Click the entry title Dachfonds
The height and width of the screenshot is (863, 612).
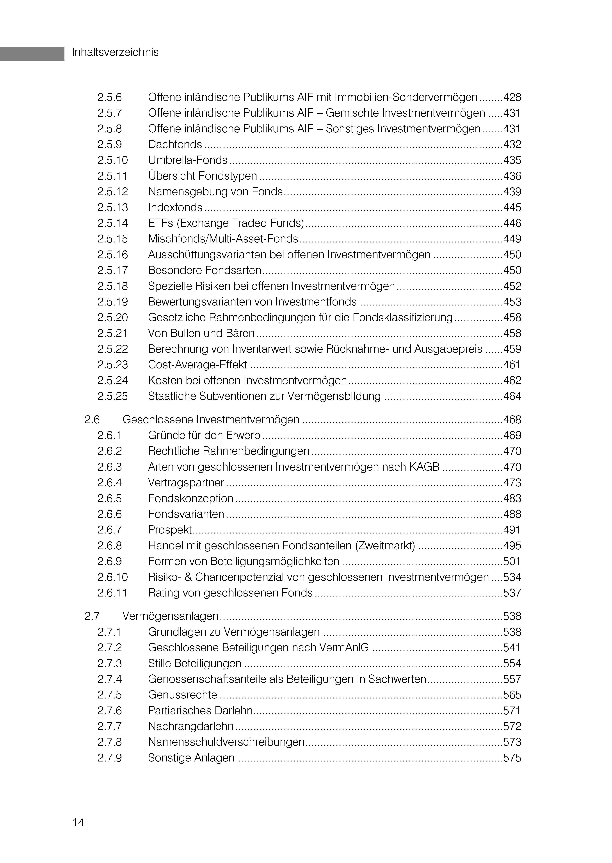tap(175, 145)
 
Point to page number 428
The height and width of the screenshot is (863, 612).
tap(512, 97)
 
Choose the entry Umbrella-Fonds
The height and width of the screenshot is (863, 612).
tap(188, 160)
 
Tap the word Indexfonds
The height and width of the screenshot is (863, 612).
tap(175, 207)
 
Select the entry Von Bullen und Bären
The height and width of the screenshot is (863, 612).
tap(201, 333)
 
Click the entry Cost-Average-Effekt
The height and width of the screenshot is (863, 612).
tap(197, 365)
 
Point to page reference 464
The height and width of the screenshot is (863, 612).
tap(512, 396)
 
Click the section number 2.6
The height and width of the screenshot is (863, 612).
tap(92, 420)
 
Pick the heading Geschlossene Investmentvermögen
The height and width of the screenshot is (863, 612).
tap(211, 420)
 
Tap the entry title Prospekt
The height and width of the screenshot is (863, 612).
tap(170, 530)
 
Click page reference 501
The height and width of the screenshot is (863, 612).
tap(512, 561)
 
